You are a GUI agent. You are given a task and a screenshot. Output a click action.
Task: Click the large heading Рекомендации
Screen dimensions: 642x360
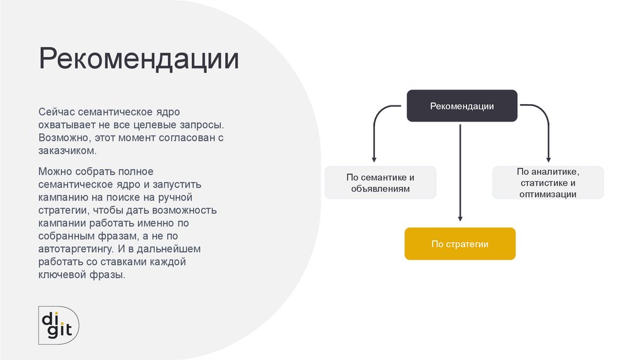tap(139, 60)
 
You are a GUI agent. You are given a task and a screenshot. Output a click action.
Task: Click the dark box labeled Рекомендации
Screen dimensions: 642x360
tap(461, 106)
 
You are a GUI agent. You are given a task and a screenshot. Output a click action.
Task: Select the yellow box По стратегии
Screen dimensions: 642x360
tap(460, 244)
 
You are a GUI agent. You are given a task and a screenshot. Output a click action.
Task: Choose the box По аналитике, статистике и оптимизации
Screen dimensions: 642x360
tap(547, 183)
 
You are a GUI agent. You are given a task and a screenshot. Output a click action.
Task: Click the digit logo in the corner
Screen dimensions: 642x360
tap(58, 324)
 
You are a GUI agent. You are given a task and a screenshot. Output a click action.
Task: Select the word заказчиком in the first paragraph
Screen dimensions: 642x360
tap(68, 151)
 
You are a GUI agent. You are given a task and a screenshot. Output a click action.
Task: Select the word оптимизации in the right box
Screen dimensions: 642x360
tap(547, 194)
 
